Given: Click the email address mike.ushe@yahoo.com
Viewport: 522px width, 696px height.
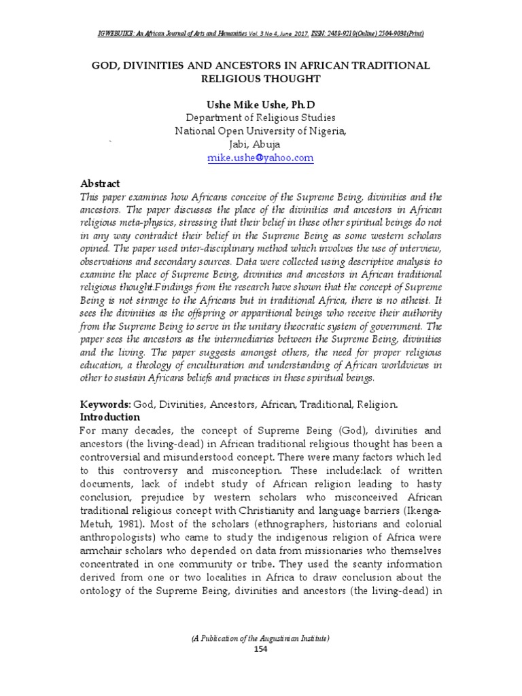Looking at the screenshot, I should [260, 158].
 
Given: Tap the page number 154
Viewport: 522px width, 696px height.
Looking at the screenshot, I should [261, 649].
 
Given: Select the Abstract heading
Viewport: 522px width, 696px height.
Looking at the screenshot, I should [101, 184].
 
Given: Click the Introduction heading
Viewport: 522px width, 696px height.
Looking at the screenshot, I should [110, 417].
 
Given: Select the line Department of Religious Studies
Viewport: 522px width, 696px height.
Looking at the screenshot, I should [261, 118].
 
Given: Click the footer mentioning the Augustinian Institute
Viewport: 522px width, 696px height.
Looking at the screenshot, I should [261, 638].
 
